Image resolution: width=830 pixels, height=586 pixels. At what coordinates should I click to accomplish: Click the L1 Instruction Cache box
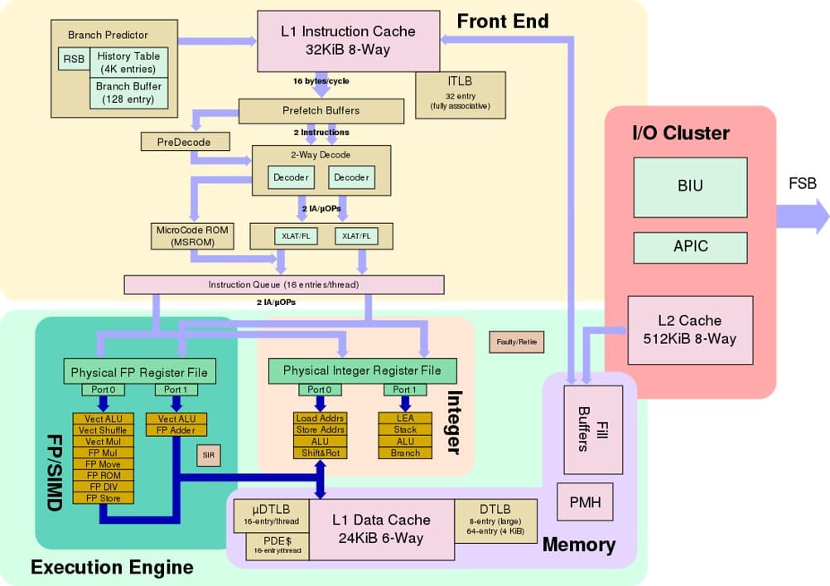coord(348,41)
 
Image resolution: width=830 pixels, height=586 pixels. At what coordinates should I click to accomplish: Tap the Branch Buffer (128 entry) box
coord(129,93)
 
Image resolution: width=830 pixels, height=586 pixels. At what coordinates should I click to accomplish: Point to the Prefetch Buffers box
coord(321,109)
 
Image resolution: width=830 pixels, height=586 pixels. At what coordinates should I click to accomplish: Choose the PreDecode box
coord(183,143)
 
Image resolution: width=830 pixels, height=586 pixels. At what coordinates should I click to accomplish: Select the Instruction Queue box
coord(283,284)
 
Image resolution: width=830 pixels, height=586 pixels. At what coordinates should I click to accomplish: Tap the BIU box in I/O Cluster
coord(690,186)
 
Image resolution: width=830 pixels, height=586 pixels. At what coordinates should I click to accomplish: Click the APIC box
coord(690,247)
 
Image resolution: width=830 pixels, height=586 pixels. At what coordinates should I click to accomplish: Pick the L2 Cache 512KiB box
coord(689,330)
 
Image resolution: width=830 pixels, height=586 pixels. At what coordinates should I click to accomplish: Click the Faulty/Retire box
coord(516,341)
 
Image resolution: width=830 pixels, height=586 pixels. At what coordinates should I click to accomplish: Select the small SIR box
coord(209,455)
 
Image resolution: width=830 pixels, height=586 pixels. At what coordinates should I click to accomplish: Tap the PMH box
coord(585,502)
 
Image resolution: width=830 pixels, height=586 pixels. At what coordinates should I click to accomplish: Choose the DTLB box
coord(495,520)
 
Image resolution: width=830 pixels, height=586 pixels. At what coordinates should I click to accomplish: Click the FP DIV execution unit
coord(104,487)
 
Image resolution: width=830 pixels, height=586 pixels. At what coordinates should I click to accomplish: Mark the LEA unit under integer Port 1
coord(405,419)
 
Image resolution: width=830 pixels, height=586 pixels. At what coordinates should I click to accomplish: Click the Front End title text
coord(502,22)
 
